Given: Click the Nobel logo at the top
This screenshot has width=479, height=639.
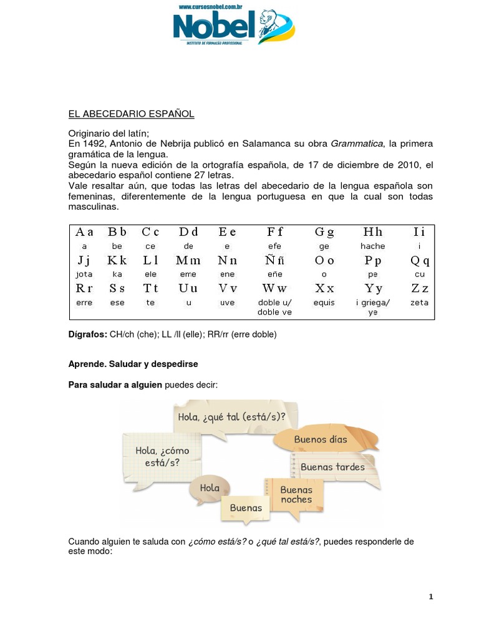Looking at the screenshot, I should point(233,27).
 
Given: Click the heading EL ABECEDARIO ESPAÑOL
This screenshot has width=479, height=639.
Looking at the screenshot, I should point(131,114).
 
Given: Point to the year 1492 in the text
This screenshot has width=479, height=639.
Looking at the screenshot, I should point(95,144).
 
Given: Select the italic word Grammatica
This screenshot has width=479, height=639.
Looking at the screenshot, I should point(357,144).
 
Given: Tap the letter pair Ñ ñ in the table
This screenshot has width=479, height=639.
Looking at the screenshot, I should point(274,260).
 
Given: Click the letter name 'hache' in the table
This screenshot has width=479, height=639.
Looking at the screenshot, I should point(372,246).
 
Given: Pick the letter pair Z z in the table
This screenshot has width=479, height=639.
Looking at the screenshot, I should point(419,288).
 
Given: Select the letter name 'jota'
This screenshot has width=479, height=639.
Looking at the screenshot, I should point(84,274).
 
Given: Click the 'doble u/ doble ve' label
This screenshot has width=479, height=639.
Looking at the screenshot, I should point(274,307).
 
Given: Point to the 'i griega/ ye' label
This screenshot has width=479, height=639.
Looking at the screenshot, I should point(372,307).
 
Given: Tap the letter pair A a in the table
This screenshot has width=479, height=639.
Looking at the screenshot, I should point(84,232).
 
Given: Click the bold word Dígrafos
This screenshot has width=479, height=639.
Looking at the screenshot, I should point(87,334).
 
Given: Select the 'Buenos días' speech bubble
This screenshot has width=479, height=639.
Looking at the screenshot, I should point(321,439).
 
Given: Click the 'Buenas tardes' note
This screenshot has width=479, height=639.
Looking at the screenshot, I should point(332,467).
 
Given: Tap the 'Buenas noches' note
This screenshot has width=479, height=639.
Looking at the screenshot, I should point(296,494).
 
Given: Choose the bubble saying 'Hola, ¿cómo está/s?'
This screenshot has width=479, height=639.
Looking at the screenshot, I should point(162,456).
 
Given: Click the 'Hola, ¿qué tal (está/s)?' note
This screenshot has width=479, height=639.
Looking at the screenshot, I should point(231,416).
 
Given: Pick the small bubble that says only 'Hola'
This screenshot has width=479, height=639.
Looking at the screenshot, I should point(210,488).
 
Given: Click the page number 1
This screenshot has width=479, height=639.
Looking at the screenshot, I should point(430,597).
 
